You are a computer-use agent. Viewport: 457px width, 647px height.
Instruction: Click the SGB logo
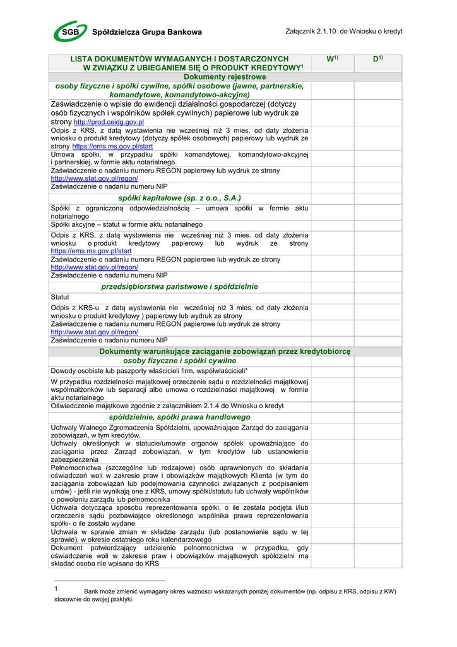[x=69, y=31]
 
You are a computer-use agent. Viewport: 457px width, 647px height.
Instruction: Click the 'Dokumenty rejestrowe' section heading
[x=180, y=76]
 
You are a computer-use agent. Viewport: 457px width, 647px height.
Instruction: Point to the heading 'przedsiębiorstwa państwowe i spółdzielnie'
[x=180, y=287]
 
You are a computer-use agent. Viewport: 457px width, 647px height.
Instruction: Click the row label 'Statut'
[x=60, y=297]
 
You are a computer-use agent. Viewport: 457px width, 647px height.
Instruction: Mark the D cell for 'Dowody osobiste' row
[x=378, y=371]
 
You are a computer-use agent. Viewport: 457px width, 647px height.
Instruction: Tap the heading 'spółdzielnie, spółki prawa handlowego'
[x=180, y=418]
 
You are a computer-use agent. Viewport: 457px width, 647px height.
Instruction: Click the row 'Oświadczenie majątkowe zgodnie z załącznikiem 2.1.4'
[x=167, y=406]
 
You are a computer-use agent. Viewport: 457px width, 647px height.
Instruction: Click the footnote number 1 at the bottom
[x=56, y=588]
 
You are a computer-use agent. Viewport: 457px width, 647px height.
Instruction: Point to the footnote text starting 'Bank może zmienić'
[x=240, y=592]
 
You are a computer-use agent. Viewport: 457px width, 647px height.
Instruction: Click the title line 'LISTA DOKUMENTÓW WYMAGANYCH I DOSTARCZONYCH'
[x=179, y=59]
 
